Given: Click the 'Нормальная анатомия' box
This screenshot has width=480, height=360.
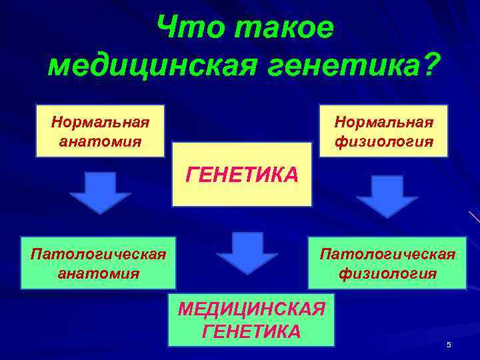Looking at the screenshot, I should (x=100, y=131).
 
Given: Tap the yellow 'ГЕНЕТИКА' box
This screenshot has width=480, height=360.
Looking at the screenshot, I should (x=242, y=175).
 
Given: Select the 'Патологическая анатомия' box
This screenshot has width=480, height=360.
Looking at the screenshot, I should (x=98, y=263).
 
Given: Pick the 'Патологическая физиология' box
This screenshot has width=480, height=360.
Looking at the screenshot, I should (x=387, y=263).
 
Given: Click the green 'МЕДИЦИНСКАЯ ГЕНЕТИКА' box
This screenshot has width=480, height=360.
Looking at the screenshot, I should (x=251, y=320).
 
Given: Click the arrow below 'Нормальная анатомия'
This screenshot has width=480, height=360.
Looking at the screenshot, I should (x=100, y=192).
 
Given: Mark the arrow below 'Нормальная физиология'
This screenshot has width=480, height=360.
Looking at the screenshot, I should (x=387, y=196).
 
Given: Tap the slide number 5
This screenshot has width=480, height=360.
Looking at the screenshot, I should (x=449, y=345).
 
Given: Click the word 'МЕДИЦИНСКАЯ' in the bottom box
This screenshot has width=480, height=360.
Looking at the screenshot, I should (x=251, y=309).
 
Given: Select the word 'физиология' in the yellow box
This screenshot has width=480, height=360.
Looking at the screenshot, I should (x=384, y=142).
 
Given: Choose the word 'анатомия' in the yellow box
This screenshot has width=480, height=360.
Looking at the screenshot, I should (x=100, y=141).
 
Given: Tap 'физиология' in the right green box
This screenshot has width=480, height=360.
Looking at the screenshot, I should (x=387, y=273).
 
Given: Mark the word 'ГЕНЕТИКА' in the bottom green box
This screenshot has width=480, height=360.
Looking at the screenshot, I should (x=251, y=331).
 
